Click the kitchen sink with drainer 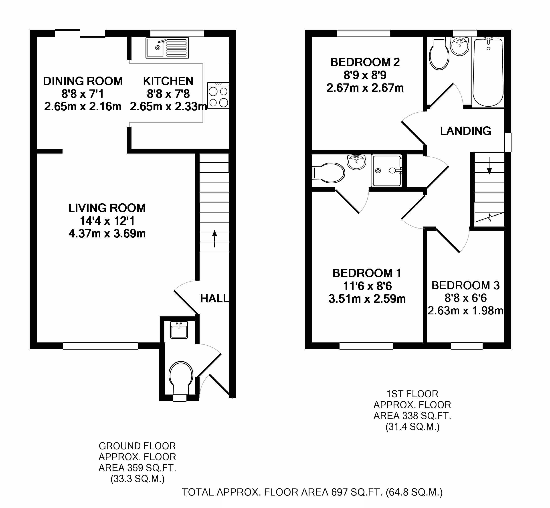click(167, 48)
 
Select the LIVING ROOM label click(107, 208)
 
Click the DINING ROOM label click(83, 81)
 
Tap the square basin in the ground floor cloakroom click(179, 330)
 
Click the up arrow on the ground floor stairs click(214, 239)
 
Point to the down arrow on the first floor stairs click(489, 166)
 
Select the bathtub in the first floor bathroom click(488, 72)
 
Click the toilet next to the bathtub click(439, 54)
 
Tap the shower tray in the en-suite click(386, 171)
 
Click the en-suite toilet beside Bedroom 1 click(328, 173)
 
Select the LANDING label click(465, 131)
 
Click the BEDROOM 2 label click(365, 62)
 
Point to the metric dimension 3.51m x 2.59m click(367, 299)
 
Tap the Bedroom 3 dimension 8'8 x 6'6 click(466, 298)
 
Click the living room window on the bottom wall click(100, 346)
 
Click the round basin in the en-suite click(356, 162)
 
